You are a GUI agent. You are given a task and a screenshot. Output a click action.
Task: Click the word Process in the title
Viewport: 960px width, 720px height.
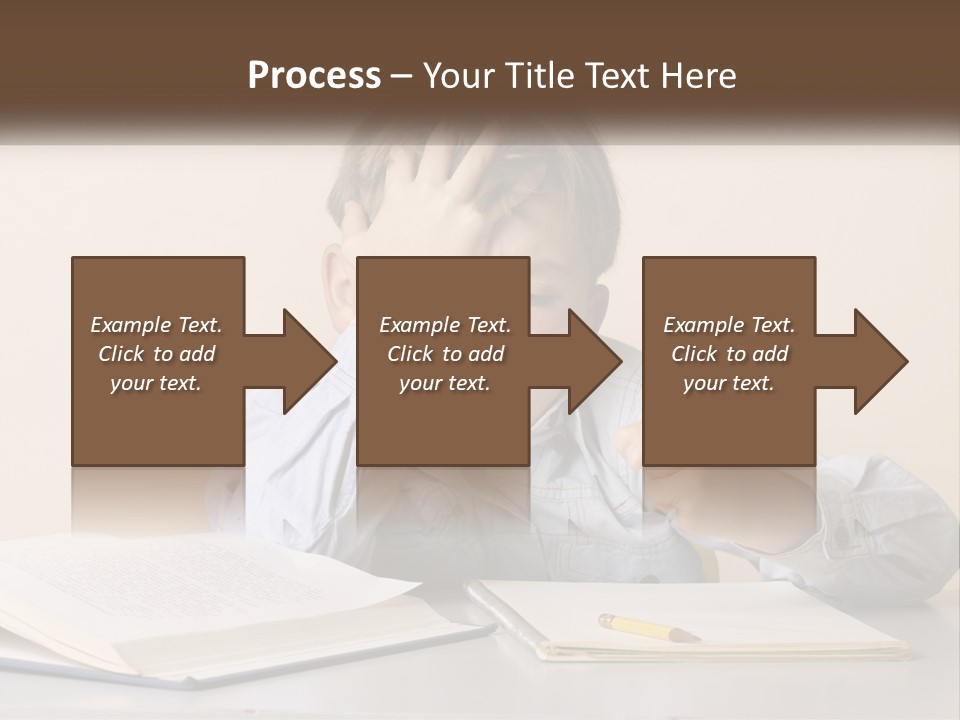coord(314,75)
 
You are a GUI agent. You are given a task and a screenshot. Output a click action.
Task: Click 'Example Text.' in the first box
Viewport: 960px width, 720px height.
coord(156,325)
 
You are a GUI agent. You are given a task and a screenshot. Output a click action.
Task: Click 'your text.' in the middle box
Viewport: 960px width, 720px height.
coord(444,383)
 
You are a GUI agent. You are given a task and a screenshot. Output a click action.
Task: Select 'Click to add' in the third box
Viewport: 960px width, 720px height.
coord(729,354)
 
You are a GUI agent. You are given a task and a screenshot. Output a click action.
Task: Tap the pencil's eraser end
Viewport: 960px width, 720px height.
coord(605,619)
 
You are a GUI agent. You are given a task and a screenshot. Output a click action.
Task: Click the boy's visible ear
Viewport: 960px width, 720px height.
coord(338,285)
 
